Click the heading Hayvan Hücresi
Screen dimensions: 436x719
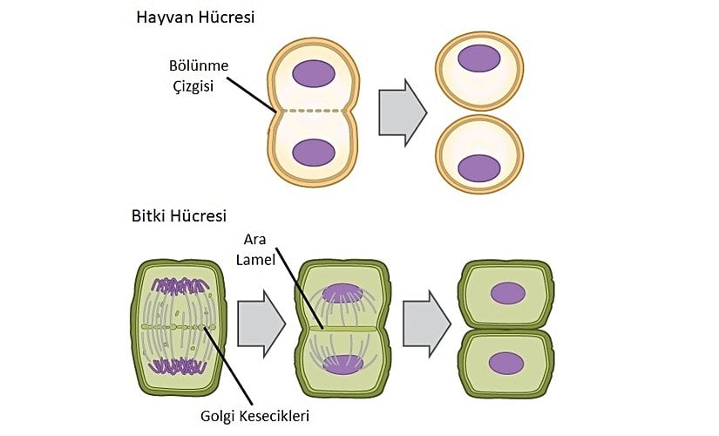[x=195, y=17]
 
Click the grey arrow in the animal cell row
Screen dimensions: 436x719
[x=402, y=111]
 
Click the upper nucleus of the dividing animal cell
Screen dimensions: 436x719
[x=314, y=73]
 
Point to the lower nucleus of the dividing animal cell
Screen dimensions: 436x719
[x=314, y=152]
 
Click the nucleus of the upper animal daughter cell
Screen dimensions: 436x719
[x=479, y=58]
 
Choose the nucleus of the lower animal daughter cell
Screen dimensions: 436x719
[x=479, y=167]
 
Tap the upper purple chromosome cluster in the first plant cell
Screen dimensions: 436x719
[x=180, y=285]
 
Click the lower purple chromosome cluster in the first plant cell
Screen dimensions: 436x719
[x=180, y=364]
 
